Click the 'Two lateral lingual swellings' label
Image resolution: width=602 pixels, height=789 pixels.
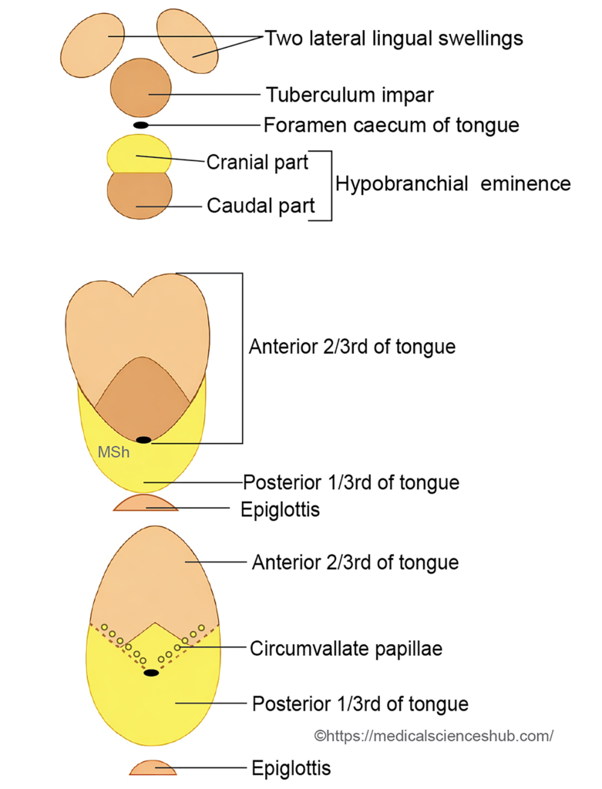(x=394, y=38)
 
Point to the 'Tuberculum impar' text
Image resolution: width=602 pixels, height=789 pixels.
(x=349, y=96)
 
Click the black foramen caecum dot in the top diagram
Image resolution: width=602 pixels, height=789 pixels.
(x=141, y=125)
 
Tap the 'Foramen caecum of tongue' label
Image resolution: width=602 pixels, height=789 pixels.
(x=392, y=125)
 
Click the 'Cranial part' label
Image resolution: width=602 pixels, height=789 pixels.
(x=257, y=163)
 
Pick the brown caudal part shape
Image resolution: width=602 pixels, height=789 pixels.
(x=140, y=196)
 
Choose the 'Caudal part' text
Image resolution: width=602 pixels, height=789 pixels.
(x=261, y=206)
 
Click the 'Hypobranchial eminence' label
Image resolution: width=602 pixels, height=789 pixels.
(x=452, y=184)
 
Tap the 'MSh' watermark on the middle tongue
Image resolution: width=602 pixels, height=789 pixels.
(x=113, y=453)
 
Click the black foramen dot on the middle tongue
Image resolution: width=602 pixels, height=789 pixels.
(x=144, y=440)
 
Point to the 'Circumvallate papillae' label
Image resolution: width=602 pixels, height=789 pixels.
(x=345, y=649)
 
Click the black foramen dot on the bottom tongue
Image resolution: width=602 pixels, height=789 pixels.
(x=152, y=673)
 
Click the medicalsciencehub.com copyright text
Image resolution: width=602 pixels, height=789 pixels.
(x=434, y=736)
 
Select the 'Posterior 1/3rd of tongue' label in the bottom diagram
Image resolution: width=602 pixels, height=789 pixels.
(x=360, y=703)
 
